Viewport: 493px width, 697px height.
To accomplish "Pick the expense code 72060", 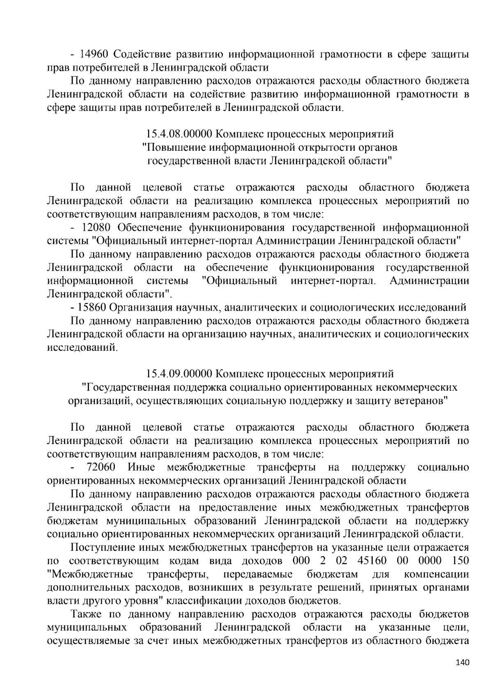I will click(x=101, y=467).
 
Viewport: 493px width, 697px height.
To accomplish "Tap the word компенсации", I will click(x=436, y=574).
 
